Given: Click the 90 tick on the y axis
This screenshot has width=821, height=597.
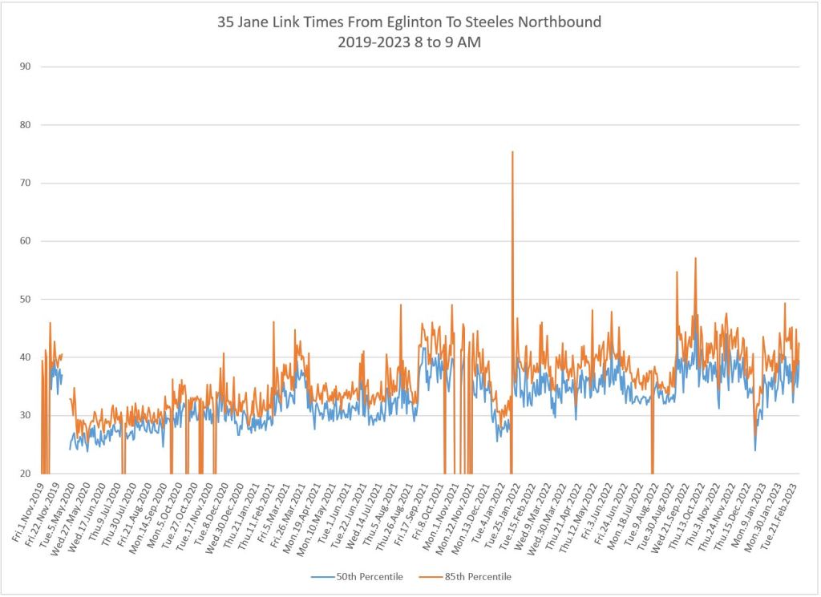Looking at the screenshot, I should [25, 67].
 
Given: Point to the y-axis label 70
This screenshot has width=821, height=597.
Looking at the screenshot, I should [25, 183].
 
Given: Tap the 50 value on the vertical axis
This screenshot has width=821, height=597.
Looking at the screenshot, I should [25, 299].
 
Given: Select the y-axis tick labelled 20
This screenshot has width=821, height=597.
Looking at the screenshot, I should [25, 474].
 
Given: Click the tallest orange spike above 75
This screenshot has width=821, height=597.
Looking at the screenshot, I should [512, 151].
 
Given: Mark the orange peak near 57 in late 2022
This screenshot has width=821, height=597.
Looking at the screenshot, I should [695, 258].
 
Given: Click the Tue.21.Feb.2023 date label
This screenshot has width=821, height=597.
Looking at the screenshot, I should [785, 510].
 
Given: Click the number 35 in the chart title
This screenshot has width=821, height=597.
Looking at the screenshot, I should [226, 22].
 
